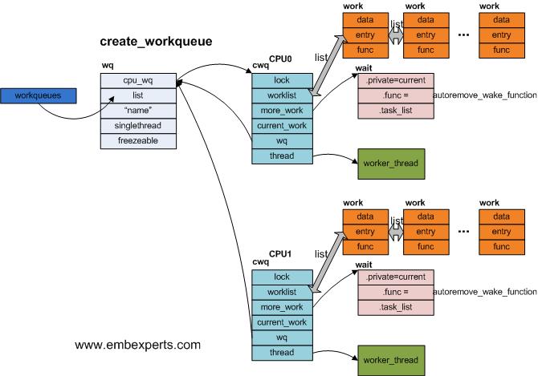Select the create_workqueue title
pyautogui.click(x=156, y=41)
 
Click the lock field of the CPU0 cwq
pyautogui.click(x=282, y=81)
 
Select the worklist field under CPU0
pyautogui.click(x=282, y=96)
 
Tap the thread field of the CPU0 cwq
pyautogui.click(x=282, y=156)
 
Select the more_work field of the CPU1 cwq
pyautogui.click(x=282, y=307)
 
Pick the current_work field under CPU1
pyautogui.click(x=282, y=322)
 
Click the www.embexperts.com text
pyautogui.click(x=137, y=346)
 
